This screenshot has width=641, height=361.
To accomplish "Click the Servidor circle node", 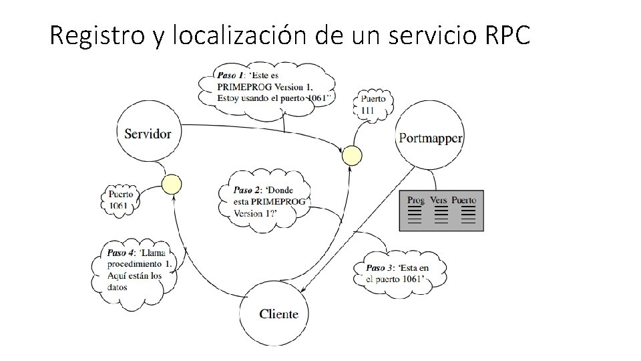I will (x=148, y=133).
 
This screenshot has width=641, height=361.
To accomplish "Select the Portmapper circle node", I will (x=430, y=138).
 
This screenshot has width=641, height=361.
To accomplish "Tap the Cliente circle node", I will (x=278, y=313).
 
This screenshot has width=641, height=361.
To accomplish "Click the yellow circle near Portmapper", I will (x=352, y=156).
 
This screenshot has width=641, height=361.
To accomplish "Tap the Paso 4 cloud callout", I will (x=137, y=269).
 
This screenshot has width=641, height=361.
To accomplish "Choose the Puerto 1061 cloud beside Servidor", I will (x=121, y=200).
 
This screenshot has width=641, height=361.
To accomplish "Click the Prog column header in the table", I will (x=415, y=200).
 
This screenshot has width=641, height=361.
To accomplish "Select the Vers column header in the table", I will (x=439, y=200).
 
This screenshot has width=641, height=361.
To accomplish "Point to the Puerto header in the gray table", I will (x=464, y=200).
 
